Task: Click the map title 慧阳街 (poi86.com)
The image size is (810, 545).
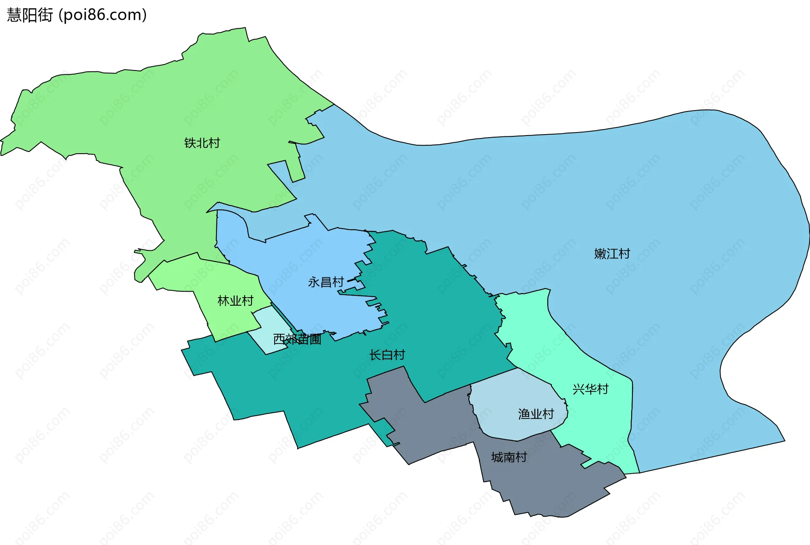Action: (77, 15)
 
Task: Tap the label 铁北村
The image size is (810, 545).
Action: (202, 143)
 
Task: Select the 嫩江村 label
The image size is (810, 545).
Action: (612, 254)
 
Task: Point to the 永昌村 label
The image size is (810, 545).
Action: (326, 282)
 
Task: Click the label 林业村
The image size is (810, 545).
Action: (235, 301)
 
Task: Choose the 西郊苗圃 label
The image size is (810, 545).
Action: (297, 339)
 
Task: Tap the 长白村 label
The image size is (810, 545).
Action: (387, 355)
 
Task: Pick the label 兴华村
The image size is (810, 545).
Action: (591, 389)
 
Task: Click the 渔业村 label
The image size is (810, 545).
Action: (536, 414)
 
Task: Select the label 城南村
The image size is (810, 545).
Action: (509, 457)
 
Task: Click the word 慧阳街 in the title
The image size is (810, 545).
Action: (30, 15)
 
